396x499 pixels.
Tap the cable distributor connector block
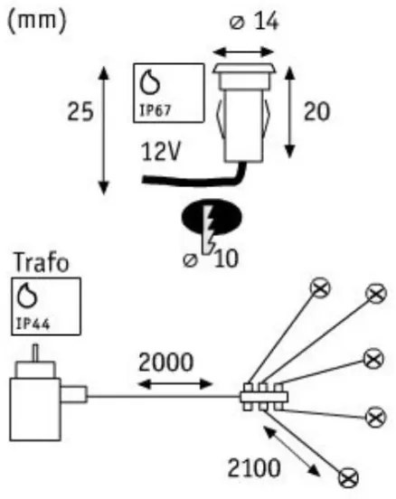pyautogui.click(x=263, y=398)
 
